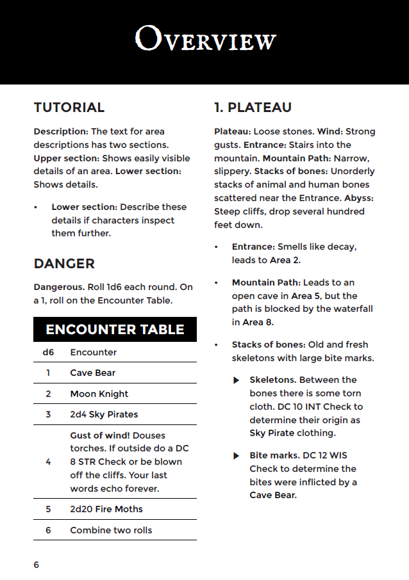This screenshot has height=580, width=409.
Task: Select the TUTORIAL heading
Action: click(69, 108)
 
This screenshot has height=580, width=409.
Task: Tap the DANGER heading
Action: click(64, 264)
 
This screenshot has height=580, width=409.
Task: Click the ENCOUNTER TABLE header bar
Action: click(115, 330)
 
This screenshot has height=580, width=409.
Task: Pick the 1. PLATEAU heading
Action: click(253, 108)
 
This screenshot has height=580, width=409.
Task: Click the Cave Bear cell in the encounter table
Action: click(93, 373)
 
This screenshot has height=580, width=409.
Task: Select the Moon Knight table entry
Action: click(99, 394)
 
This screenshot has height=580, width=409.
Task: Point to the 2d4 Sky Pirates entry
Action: click(104, 414)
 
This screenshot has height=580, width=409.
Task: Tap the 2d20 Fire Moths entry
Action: click(106, 509)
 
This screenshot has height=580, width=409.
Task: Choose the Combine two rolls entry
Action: click(111, 530)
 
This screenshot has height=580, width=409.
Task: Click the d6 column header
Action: click(48, 352)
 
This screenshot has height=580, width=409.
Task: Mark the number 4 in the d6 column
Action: click(48, 462)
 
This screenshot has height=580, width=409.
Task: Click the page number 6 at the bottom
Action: click(37, 565)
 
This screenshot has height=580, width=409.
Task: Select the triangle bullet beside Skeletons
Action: click(237, 380)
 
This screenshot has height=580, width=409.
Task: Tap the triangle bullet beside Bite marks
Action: click(237, 456)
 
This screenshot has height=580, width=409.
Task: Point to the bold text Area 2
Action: click(285, 260)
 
